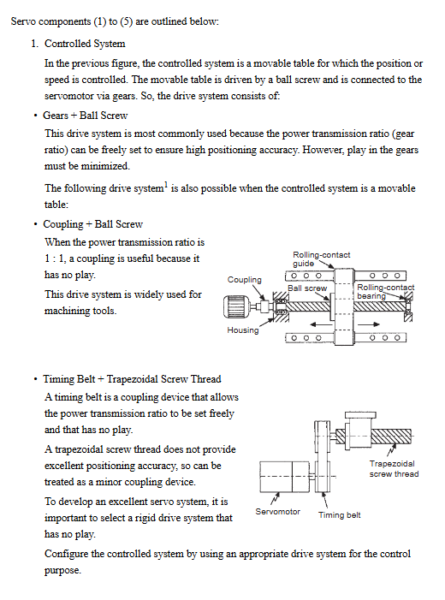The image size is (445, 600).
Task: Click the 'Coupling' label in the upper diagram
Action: [x=245, y=280]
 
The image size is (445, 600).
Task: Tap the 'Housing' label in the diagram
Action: [x=242, y=330]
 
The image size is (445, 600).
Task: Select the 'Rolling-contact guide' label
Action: [x=322, y=259]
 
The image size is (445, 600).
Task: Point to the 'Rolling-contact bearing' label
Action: [x=386, y=291]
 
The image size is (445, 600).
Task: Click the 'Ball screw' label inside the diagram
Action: [x=307, y=288]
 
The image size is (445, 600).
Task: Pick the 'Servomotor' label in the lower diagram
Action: [x=278, y=512]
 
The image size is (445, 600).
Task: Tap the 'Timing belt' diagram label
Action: [x=340, y=515]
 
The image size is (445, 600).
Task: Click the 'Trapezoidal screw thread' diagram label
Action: [x=394, y=469]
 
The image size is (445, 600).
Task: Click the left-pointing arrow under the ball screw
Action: [x=321, y=324]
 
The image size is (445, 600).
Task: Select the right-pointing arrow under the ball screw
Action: [x=369, y=324]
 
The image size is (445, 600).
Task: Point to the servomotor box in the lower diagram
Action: [x=284, y=477]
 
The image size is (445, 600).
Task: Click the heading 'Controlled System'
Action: [x=85, y=44]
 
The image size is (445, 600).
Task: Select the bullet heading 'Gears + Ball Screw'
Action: [x=86, y=116]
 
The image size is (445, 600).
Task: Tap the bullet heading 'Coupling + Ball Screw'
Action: [x=93, y=224]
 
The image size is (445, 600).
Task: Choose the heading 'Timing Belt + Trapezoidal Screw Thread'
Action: [x=132, y=379]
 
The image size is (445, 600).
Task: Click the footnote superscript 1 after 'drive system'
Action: [x=166, y=185]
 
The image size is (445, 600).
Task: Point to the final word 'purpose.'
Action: [x=62, y=571]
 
